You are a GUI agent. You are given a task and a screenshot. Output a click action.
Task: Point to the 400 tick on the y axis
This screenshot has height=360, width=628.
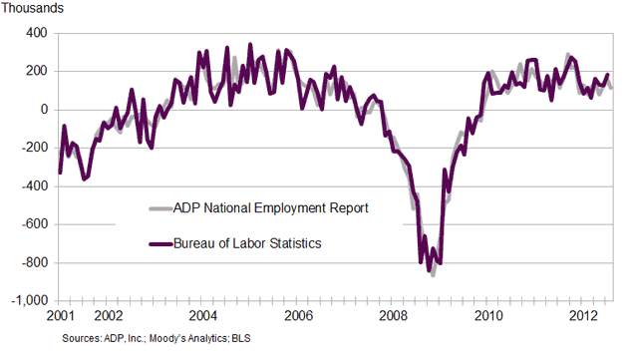coord(36,33)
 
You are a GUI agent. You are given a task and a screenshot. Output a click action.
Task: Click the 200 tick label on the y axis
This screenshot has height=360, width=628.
coord(36,71)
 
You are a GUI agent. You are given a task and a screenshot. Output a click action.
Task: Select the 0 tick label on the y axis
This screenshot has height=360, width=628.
coord(43,110)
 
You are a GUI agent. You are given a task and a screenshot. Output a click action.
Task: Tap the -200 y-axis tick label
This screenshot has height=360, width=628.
coord(33,148)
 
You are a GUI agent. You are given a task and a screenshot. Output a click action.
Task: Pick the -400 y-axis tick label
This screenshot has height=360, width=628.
coord(33,185)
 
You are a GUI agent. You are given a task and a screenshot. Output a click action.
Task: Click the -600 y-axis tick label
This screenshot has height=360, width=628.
coord(33,224)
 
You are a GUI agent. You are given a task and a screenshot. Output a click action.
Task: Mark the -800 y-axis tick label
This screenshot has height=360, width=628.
coord(33,262)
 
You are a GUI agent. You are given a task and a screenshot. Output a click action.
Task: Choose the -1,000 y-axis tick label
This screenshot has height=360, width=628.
coord(28,300)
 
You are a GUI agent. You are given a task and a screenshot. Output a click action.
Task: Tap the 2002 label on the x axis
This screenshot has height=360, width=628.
coord(108,316)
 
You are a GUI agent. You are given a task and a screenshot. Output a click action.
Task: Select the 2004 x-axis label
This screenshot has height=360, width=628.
coord(202,316)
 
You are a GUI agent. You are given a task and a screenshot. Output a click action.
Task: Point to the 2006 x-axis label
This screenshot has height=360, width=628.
coord(298,316)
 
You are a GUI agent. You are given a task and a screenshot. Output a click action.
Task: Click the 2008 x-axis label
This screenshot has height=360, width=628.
coord(394,316)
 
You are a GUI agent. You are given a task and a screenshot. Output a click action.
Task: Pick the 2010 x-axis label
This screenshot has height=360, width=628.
coord(488,316)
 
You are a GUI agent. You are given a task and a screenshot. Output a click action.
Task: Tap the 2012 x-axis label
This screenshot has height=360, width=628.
coord(584,316)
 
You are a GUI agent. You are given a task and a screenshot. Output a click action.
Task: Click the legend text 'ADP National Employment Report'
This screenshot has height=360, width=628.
coord(271,207)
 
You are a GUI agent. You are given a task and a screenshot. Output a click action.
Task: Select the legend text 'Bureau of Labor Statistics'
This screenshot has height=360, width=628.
coord(248,242)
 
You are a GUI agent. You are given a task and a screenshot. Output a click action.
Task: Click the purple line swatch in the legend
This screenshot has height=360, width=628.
coord(159,242)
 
